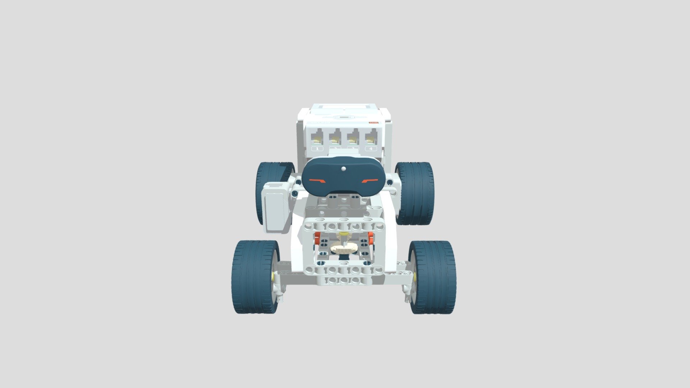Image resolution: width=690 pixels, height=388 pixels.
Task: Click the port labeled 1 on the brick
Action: pyautogui.click(x=317, y=138)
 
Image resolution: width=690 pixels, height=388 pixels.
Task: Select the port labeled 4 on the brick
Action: pyautogui.click(x=371, y=138)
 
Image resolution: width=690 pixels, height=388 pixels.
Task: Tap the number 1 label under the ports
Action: pyautogui.click(x=317, y=148)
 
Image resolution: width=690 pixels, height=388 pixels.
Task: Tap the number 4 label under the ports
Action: pyautogui.click(x=371, y=148)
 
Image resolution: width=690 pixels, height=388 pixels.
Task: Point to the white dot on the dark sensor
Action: pyautogui.click(x=344, y=168)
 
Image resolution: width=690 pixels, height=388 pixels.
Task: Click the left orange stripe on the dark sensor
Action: pyautogui.click(x=318, y=181)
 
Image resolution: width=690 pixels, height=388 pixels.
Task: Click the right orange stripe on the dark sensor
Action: pyautogui.click(x=370, y=181)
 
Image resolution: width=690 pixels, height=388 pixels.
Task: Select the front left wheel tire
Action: pyautogui.click(x=252, y=277)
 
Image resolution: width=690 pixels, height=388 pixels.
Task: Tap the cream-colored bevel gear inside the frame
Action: pyautogui.click(x=343, y=248)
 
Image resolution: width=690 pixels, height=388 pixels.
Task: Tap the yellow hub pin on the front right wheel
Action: pyautogui.click(x=414, y=276)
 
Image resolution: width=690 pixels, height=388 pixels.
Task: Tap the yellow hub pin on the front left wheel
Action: pyautogui.click(x=273, y=276)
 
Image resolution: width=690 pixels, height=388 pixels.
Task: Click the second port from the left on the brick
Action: pyautogui.click(x=335, y=138)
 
